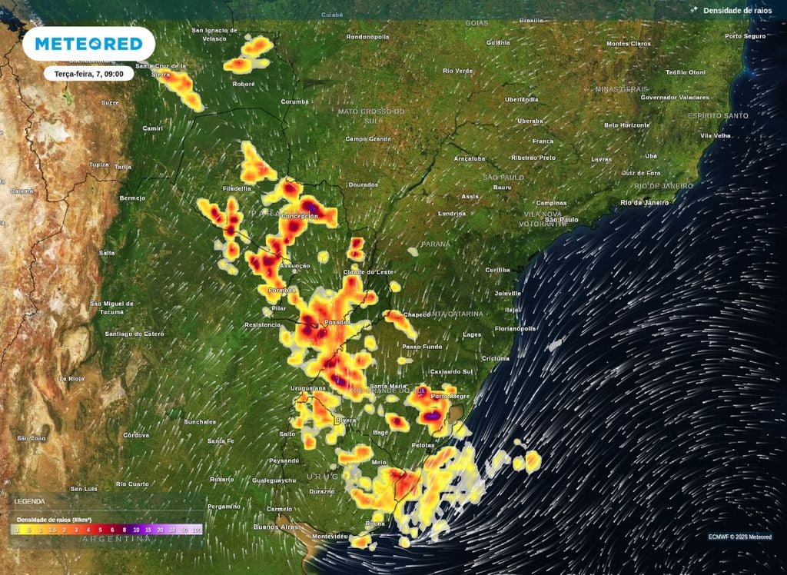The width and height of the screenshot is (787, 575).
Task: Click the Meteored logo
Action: pyautogui.click(x=88, y=44)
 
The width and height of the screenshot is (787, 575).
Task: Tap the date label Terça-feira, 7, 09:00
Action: pyautogui.click(x=88, y=74)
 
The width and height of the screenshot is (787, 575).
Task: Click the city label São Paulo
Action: pyautogui.click(x=561, y=220)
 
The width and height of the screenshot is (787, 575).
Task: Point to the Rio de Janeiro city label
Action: pyautogui.click(x=644, y=202)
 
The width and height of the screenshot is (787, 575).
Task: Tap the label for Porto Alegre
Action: pyautogui.click(x=450, y=396)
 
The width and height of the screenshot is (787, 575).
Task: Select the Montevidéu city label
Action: pyautogui.click(x=331, y=535)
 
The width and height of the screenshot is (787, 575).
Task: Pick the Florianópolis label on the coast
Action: pyautogui.click(x=516, y=328)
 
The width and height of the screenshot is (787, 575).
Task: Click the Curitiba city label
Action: pyautogui.click(x=497, y=270)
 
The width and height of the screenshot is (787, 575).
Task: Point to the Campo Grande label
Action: pyautogui.click(x=368, y=139)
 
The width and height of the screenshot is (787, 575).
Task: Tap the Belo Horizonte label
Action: pyautogui.click(x=627, y=125)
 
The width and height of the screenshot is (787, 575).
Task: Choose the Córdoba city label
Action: pyautogui.click(x=136, y=435)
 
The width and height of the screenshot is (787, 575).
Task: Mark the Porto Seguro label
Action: pyautogui.click(x=745, y=36)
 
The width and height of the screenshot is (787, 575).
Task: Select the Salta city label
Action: pyautogui.click(x=107, y=252)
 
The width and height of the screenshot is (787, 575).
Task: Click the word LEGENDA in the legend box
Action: pyautogui.click(x=30, y=501)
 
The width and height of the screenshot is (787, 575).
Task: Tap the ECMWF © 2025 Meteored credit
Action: pyautogui.click(x=739, y=537)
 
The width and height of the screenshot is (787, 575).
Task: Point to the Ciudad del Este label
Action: pyautogui.click(x=367, y=272)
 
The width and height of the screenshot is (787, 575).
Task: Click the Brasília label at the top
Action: pyautogui.click(x=531, y=21)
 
